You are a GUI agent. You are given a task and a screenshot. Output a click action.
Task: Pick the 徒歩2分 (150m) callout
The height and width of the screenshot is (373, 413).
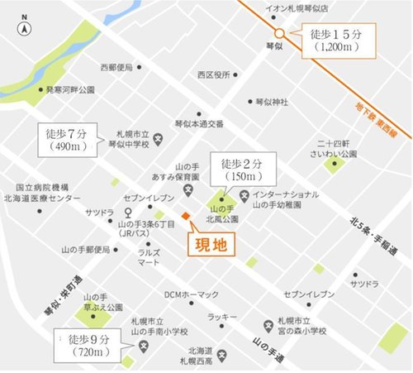click(235, 170)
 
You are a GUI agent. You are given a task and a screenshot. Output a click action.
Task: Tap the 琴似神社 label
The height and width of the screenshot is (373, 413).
click(272, 102)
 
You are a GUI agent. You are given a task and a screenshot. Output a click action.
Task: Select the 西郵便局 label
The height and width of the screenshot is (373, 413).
click(116, 67)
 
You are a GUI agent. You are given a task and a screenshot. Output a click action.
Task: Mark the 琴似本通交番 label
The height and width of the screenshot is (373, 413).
click(198, 124)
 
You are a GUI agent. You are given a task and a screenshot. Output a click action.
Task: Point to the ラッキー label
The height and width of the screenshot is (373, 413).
click(221, 316)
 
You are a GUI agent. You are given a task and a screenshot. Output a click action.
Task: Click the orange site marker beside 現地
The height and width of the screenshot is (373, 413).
click(187, 217)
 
